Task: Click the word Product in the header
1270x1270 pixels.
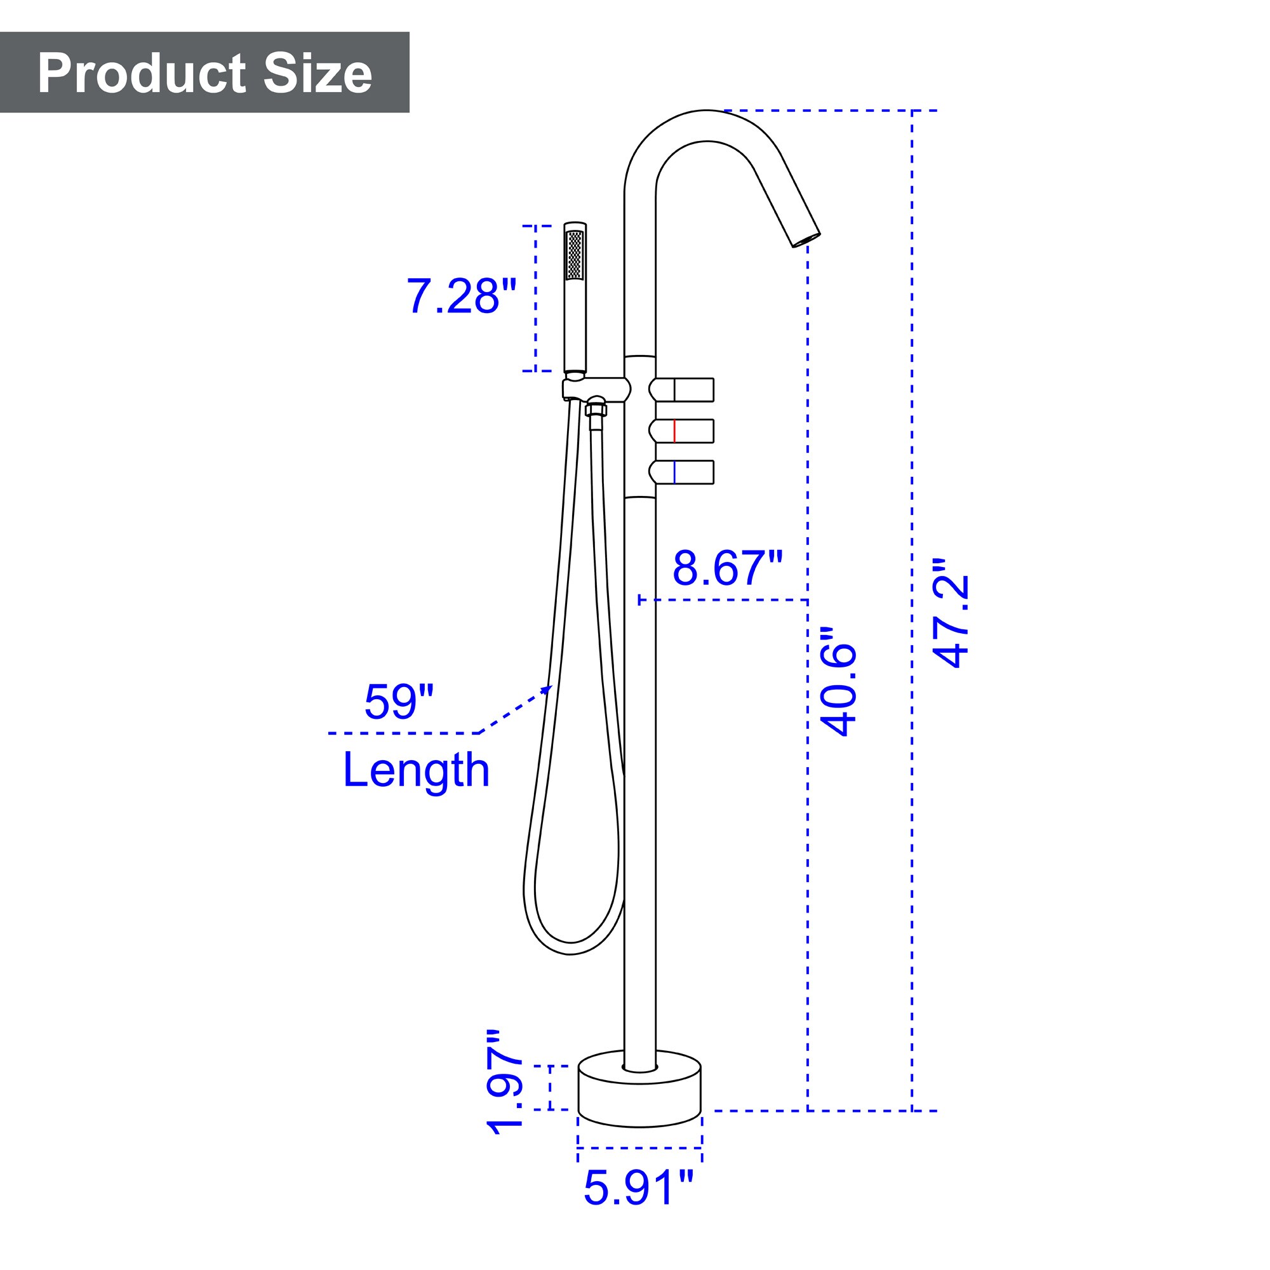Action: point(142,74)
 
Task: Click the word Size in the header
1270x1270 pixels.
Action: point(318,74)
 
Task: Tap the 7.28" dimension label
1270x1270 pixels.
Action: point(462,297)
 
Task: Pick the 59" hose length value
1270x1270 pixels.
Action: point(399,702)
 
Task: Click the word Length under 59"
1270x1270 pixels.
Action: point(416,770)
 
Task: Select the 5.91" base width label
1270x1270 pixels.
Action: point(638,1206)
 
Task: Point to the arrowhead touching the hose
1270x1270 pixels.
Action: point(547,688)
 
